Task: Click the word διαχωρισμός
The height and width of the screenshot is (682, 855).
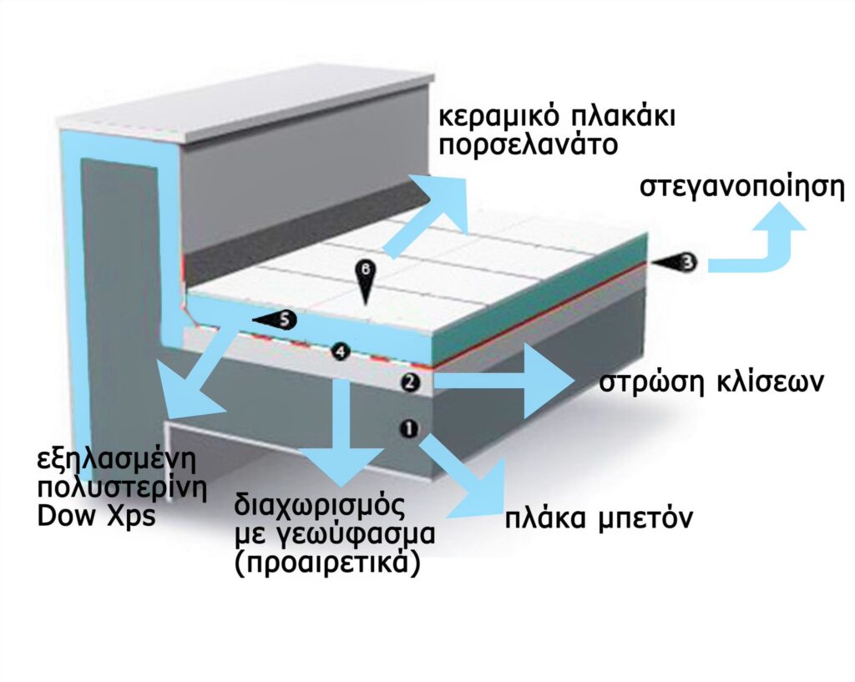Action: click(x=320, y=507)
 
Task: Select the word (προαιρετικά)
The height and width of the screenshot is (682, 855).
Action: click(x=327, y=563)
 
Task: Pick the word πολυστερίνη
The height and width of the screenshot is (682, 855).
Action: click(x=122, y=488)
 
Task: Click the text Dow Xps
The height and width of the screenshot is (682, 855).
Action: click(x=97, y=516)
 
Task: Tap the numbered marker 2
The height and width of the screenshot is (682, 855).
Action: click(x=410, y=382)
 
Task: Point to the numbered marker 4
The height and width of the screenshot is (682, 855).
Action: click(x=341, y=351)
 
